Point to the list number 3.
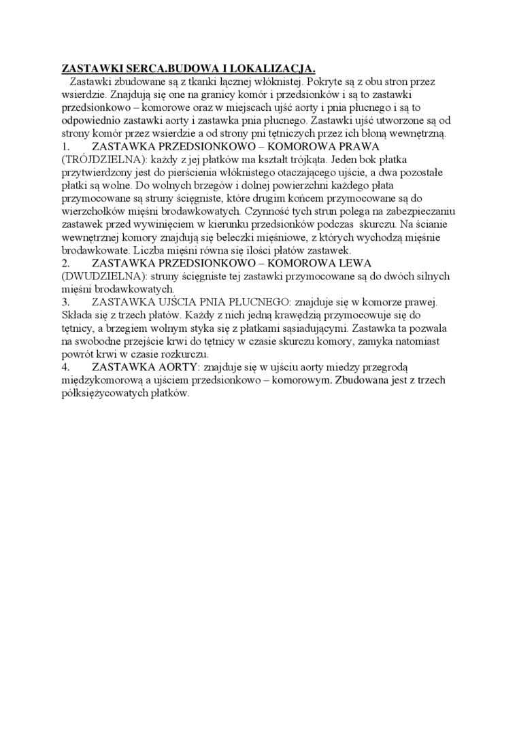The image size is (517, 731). tap(66, 302)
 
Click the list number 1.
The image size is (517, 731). tap(65, 146)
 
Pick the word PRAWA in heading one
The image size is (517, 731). tap(355, 146)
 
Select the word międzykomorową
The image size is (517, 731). tap(105, 380)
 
